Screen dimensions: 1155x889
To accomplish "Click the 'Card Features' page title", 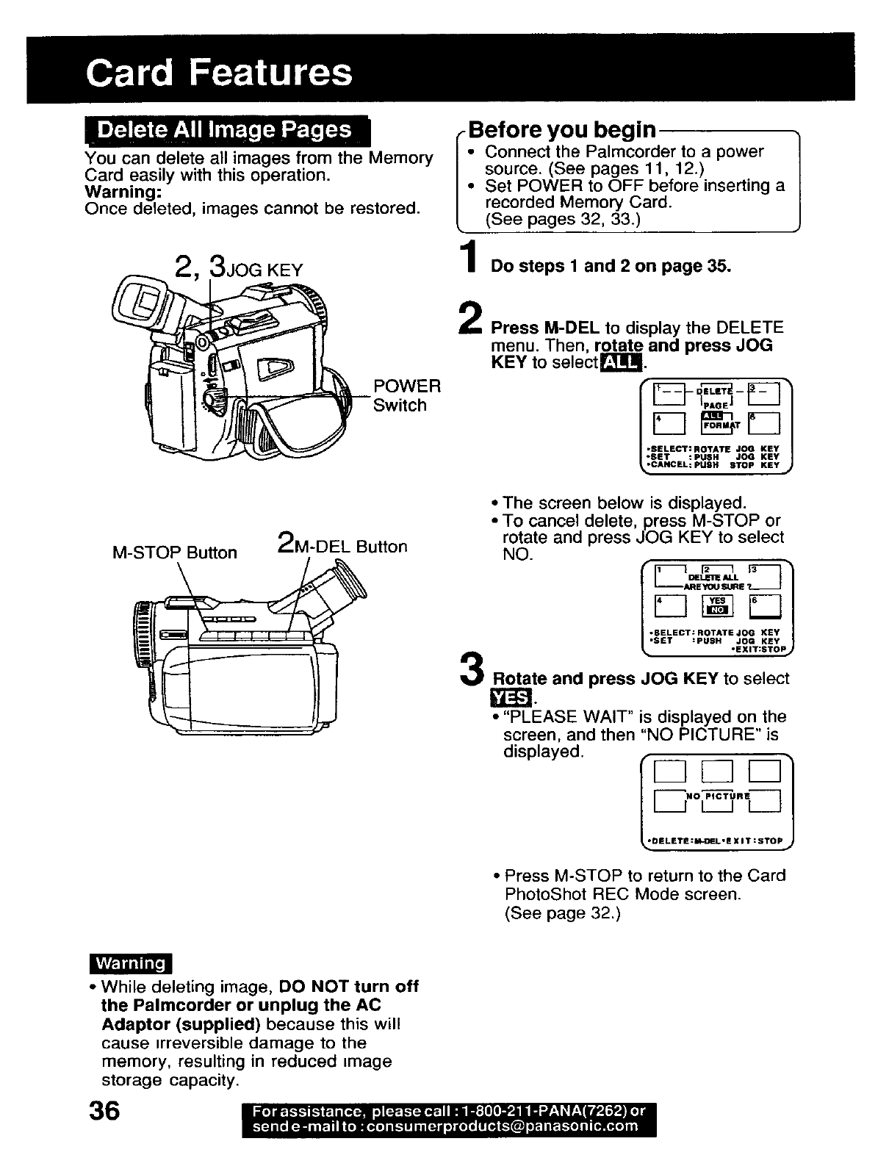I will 219,72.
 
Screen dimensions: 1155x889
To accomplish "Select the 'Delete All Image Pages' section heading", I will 225,130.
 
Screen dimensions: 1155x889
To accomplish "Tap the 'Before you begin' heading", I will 562,130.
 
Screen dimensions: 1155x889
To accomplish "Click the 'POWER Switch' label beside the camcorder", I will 406,395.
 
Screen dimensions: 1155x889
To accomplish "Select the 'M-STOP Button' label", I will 175,553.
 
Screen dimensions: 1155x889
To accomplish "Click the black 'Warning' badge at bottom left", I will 129,963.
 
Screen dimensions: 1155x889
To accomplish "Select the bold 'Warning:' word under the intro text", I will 123,192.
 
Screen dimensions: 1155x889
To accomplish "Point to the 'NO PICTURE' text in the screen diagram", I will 718,796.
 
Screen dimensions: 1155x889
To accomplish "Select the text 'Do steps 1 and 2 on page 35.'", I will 611,266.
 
